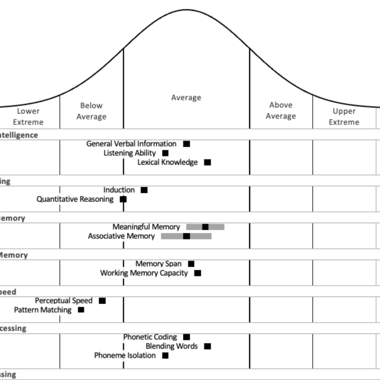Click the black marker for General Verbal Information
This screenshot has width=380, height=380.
(x=186, y=144)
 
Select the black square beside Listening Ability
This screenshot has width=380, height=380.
(x=165, y=153)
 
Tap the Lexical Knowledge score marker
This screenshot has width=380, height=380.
(x=207, y=162)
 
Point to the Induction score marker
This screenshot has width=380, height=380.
(x=144, y=190)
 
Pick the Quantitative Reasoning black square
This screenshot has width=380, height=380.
(x=123, y=199)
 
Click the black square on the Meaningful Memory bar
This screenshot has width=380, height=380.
(x=205, y=227)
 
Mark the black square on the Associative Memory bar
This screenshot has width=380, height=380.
(x=186, y=236)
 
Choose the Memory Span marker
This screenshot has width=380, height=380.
(x=191, y=264)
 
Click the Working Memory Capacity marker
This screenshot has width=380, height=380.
(x=197, y=273)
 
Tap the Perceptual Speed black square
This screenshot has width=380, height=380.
(x=102, y=301)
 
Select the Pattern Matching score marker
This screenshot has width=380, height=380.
(x=81, y=310)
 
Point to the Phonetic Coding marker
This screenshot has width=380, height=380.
(x=186, y=337)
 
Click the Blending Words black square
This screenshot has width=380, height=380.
(x=207, y=346)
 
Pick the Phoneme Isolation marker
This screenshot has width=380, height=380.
(x=165, y=355)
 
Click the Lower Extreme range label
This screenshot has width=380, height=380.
(x=28, y=116)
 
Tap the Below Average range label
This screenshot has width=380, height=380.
(x=91, y=111)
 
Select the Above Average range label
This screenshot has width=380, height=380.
(x=281, y=110)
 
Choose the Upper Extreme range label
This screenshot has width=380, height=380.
(x=344, y=116)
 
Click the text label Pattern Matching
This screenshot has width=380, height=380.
(x=43, y=310)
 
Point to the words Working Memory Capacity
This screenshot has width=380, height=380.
(x=144, y=273)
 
